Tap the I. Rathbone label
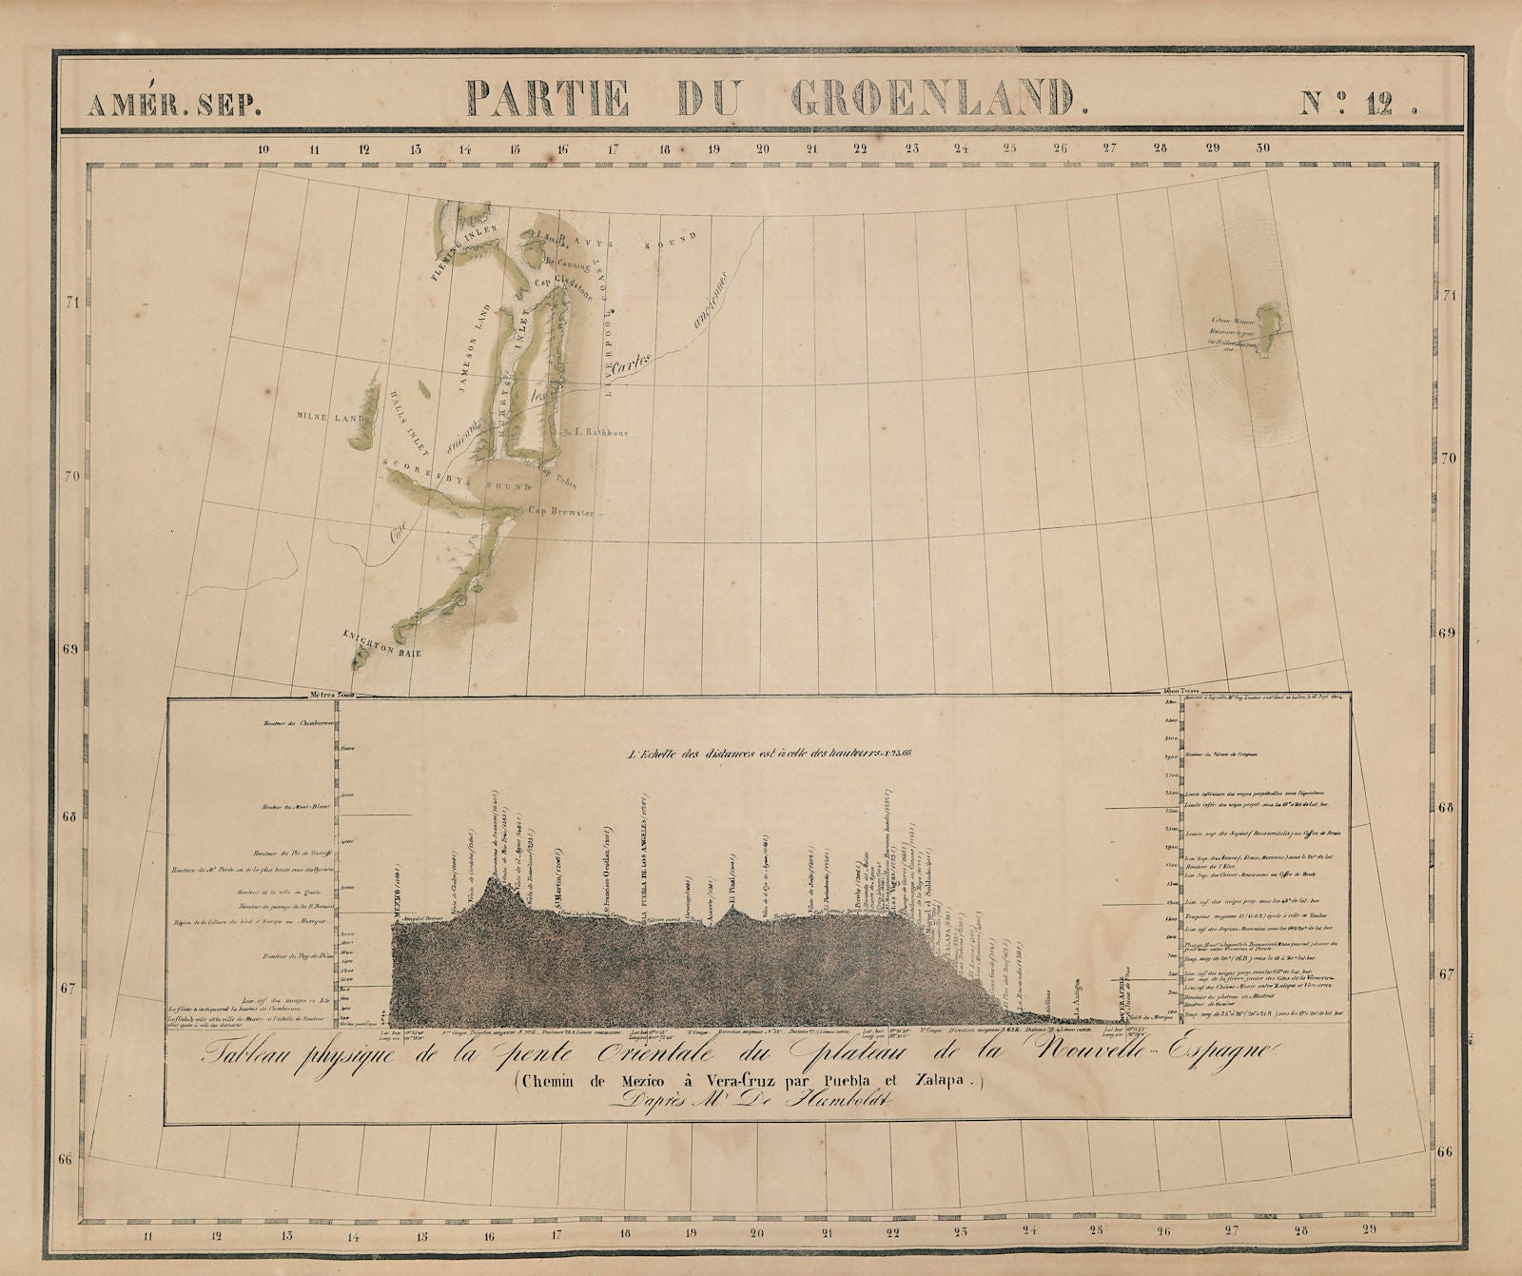point(597,429)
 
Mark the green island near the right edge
point(1266,317)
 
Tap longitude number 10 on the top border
point(263,148)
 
